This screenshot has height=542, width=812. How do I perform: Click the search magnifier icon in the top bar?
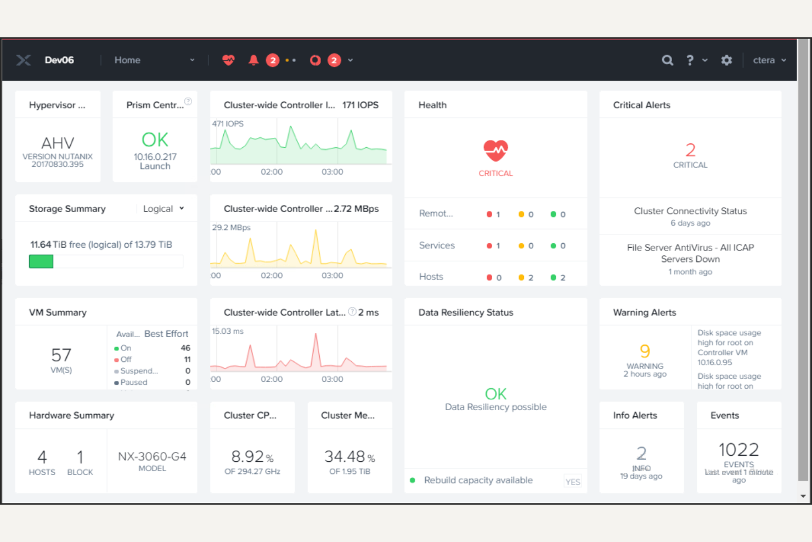point(667,60)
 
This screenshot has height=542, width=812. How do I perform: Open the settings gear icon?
point(726,60)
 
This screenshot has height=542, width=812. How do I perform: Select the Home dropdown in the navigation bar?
point(154,60)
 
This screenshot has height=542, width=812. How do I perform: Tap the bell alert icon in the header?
point(253,60)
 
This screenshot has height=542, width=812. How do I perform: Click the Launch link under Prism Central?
point(155,166)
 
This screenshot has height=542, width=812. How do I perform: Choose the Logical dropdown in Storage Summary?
point(163,209)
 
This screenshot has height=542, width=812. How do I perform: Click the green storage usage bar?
point(41,261)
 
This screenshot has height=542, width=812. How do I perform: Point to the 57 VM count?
point(61,355)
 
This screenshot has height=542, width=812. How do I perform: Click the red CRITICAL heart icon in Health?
point(495,150)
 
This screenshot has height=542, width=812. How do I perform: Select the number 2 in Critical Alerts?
point(690,150)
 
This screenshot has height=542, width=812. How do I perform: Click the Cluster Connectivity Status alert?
point(690,211)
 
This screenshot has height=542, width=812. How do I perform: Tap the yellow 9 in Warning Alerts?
point(645,351)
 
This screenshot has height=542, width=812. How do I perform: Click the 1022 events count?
point(738,450)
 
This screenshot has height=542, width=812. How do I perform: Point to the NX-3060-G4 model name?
point(152,456)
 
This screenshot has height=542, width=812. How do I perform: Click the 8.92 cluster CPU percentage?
point(248,456)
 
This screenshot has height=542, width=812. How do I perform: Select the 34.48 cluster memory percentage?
point(345,456)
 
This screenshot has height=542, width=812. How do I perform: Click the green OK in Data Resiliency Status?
point(495,394)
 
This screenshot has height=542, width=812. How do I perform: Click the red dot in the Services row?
point(489,246)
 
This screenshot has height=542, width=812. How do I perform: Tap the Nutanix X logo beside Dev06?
point(23,60)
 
